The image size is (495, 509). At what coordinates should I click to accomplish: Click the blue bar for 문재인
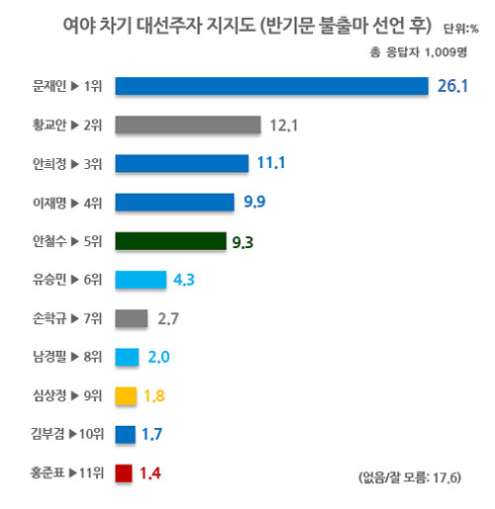coord(272,86)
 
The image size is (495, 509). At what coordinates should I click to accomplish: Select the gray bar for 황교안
coord(188,125)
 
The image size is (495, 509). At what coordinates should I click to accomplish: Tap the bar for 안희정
coord(181,163)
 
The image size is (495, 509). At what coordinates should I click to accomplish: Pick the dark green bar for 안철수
coord(170,240)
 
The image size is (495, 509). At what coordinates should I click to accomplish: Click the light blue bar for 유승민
coord(141,280)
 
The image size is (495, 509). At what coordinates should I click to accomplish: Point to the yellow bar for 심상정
coord(126,395)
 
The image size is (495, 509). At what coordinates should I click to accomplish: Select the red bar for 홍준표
coord(124,472)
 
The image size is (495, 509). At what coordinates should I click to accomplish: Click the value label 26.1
coord(452,87)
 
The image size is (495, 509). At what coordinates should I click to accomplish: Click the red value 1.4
coord(150,473)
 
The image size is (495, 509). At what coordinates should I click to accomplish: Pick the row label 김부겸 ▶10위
coord(65,434)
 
